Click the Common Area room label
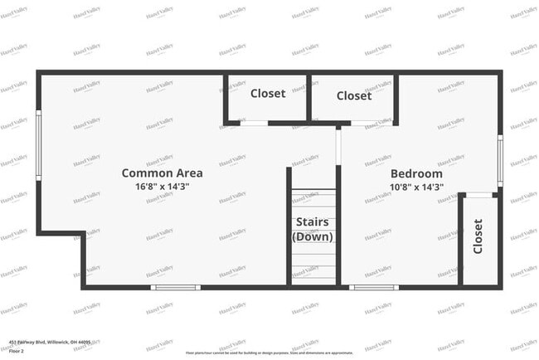(162, 173)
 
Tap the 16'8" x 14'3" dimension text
(162, 187)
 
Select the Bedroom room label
(416, 173)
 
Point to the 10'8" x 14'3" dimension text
(416, 187)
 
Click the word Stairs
(313, 222)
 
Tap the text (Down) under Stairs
(313, 236)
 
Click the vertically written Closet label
(478, 237)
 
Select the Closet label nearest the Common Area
(268, 94)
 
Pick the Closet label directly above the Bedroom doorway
(354, 96)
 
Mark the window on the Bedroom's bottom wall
(374, 287)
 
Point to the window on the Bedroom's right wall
(500, 160)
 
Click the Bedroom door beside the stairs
(338, 146)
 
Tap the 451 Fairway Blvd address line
(51, 342)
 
